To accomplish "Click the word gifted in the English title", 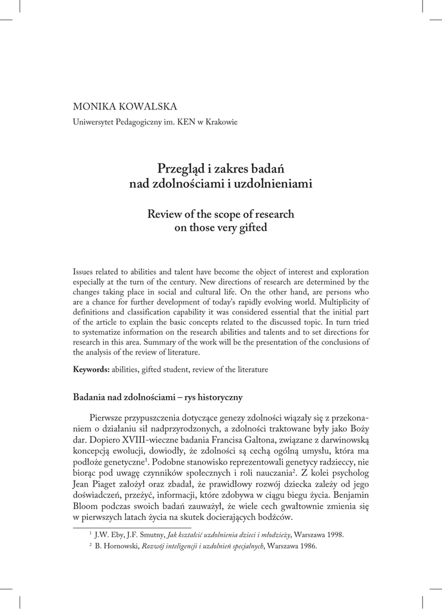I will (x=252, y=228).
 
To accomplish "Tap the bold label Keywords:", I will (x=91, y=369).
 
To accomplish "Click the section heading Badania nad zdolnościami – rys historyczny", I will (x=157, y=396).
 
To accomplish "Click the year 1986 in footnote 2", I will (x=306, y=546).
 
